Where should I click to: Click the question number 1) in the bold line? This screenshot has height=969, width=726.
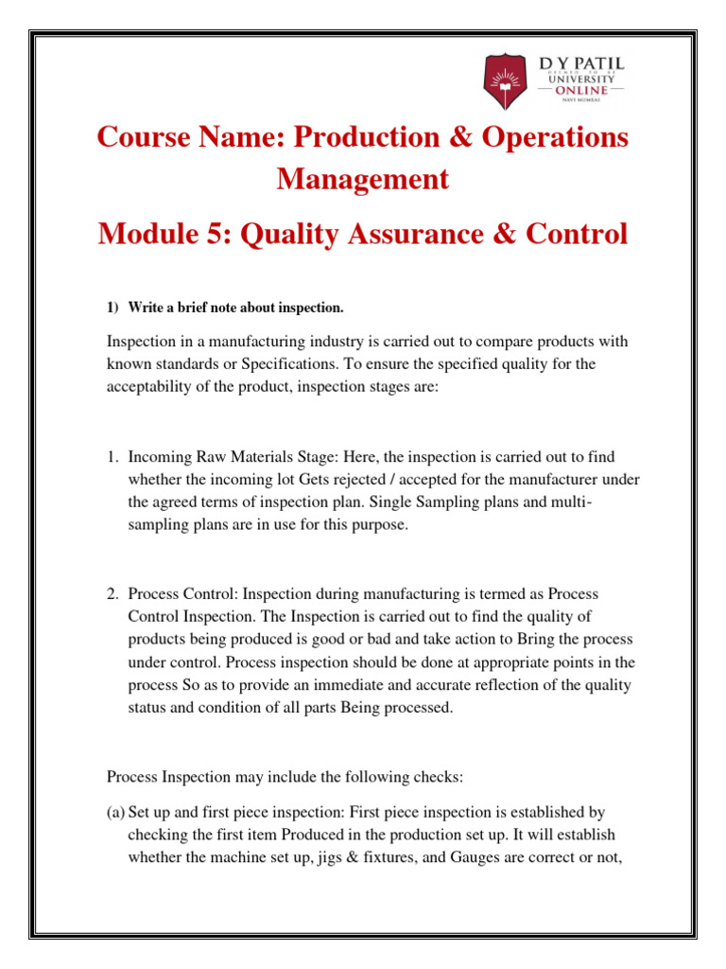(x=112, y=308)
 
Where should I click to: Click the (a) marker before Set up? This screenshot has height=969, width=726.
(x=115, y=812)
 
